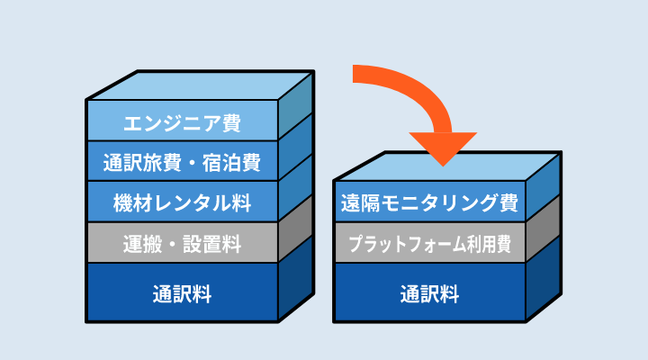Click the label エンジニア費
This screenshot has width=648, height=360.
tap(182, 123)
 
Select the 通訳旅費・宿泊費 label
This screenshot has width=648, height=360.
tap(182, 162)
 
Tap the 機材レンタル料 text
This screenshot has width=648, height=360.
tap(182, 202)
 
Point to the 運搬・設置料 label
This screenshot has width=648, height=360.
tap(182, 244)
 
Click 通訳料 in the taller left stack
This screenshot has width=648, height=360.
tap(182, 294)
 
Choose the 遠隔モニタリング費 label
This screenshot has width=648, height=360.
tap(429, 202)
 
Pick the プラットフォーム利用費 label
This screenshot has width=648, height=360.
tap(429, 244)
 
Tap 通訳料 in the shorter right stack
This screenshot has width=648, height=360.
tap(429, 294)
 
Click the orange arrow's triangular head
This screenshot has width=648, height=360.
tap(443, 147)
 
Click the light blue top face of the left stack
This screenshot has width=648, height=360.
tap(202, 85)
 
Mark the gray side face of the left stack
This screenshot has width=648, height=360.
tap(296, 229)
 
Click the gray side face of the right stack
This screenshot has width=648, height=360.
tap(543, 229)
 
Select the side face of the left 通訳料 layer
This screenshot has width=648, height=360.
tap(296, 278)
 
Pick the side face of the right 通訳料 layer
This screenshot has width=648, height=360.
tap(543, 278)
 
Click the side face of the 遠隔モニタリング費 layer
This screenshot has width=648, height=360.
tap(543, 187)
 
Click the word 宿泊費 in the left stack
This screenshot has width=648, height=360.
tap(231, 162)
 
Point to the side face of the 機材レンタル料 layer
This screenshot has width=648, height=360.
tap(296, 188)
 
